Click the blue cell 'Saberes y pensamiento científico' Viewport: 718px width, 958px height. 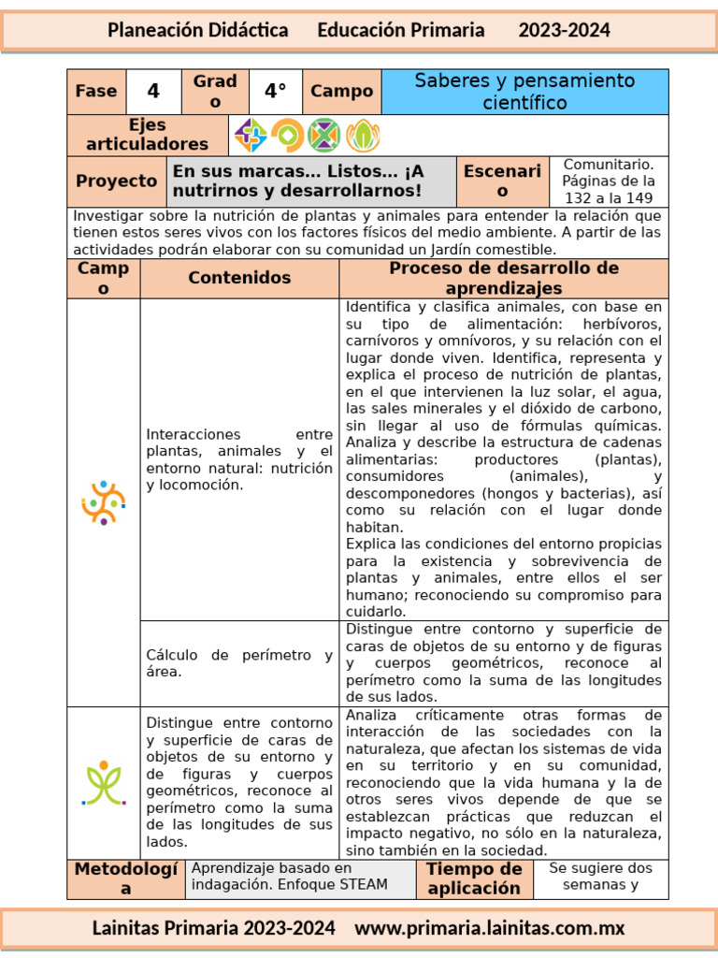tap(524, 92)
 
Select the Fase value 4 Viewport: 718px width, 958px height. tap(153, 92)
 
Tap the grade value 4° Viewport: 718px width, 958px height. tap(276, 92)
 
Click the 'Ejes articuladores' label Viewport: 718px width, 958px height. tap(148, 135)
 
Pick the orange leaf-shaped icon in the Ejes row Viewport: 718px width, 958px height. tap(363, 136)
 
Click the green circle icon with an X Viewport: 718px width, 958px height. tap(323, 136)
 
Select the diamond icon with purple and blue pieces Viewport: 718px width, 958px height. tap(250, 136)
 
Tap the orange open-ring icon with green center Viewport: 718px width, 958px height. tap(287, 136)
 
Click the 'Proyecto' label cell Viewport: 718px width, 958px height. tap(117, 181)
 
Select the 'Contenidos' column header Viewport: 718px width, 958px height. tap(239, 278)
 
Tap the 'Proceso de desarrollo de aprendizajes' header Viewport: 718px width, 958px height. tap(503, 278)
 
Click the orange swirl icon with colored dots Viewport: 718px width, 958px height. tap(103, 502)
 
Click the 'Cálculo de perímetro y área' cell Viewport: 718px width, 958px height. tap(239, 663)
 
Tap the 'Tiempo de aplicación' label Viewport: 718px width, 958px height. tap(473, 879)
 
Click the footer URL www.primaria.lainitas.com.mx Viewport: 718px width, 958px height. tap(489, 928)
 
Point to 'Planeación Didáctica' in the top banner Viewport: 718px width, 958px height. tap(197, 30)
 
